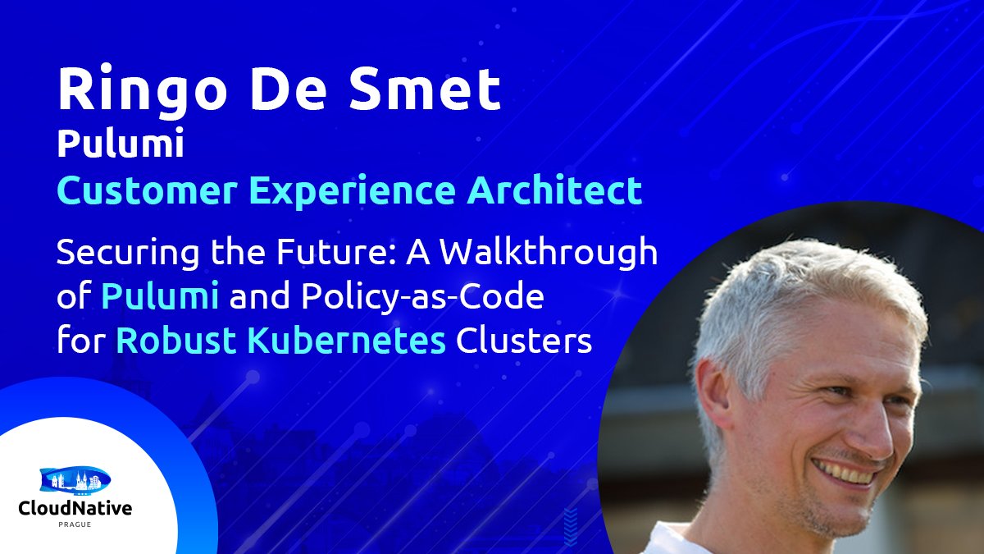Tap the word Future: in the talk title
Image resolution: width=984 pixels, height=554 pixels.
pyautogui.click(x=310, y=254)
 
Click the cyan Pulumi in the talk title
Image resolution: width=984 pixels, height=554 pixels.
pyautogui.click(x=160, y=297)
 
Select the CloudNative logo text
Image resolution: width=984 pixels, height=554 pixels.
pyautogui.click(x=75, y=509)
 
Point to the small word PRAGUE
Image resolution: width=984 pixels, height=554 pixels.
pyautogui.click(x=75, y=524)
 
